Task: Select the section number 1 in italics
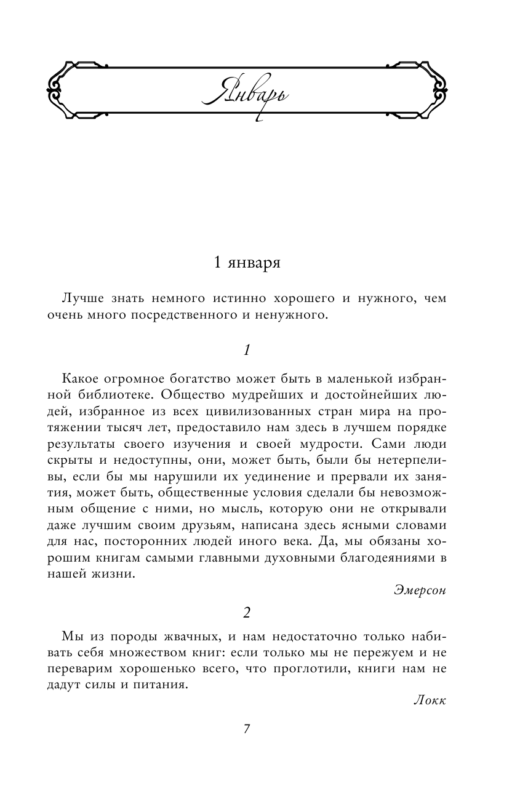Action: coord(246,351)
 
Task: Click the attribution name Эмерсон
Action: coord(418,590)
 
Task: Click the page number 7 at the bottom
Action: coord(246,729)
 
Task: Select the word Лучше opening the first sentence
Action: coord(82,299)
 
